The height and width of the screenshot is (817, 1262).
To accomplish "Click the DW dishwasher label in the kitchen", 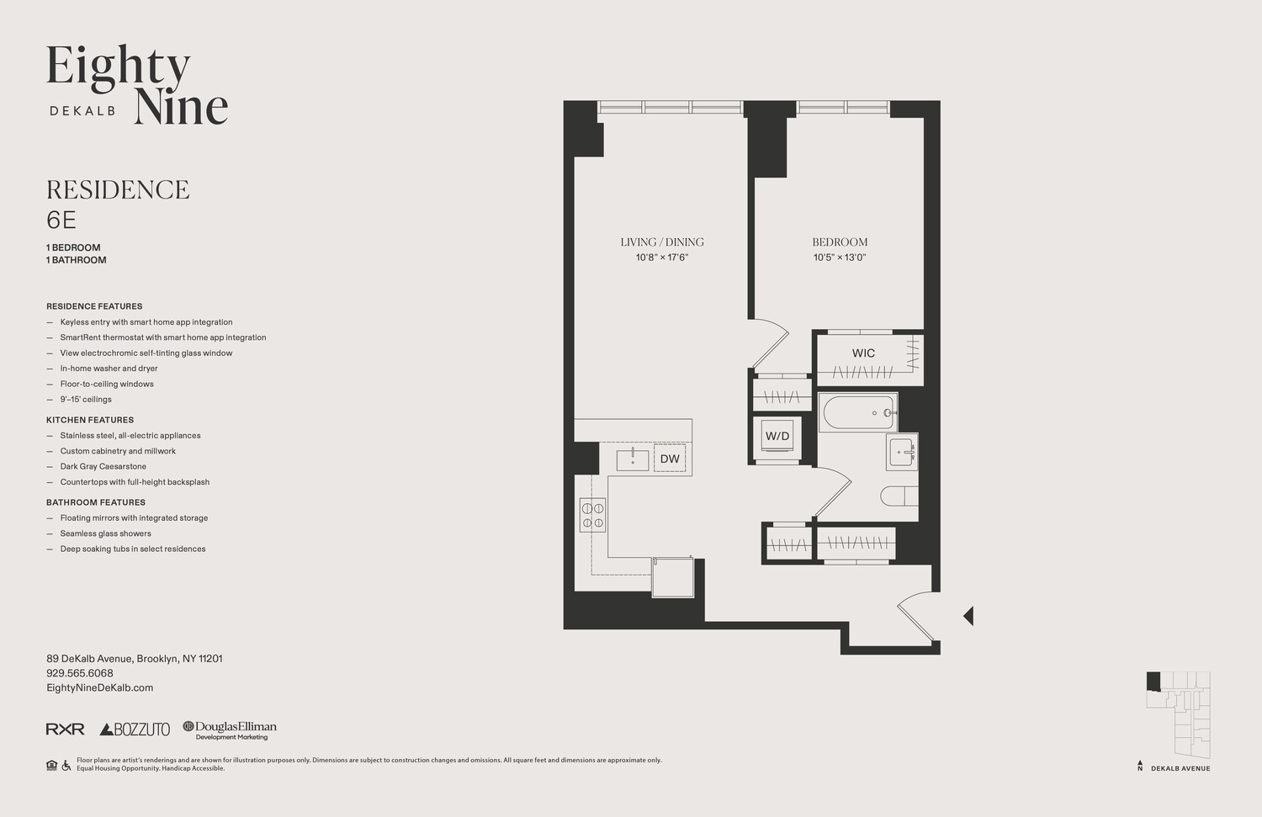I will [x=670, y=459].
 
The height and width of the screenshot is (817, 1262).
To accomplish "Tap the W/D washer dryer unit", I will [x=777, y=437].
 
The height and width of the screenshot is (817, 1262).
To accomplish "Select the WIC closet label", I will [x=863, y=353].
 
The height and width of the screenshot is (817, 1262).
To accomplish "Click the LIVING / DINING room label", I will [x=662, y=242].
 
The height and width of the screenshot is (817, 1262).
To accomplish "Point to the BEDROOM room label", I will [x=840, y=242].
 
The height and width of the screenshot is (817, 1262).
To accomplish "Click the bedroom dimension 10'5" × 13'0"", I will [x=840, y=257].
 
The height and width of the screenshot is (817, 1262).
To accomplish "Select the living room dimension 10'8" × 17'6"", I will [x=662, y=257].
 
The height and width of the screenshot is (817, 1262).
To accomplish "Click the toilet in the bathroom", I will [x=899, y=496].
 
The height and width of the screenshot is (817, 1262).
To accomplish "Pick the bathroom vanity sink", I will [x=902, y=452].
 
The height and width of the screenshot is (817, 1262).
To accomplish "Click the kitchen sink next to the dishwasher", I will [x=633, y=459].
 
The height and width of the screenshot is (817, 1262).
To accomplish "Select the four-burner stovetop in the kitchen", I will [x=592, y=514].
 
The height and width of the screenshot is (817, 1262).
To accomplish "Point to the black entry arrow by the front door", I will [x=968, y=616].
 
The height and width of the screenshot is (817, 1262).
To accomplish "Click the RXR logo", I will [x=65, y=729].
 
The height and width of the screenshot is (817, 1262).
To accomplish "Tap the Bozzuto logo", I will [x=135, y=729].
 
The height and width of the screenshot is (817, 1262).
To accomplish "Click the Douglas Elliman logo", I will [x=230, y=729].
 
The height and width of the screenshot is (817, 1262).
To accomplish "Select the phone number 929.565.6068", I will [x=80, y=673].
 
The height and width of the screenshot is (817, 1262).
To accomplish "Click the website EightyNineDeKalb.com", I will [x=99, y=687].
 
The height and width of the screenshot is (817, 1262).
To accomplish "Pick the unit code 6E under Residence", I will [x=61, y=220].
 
